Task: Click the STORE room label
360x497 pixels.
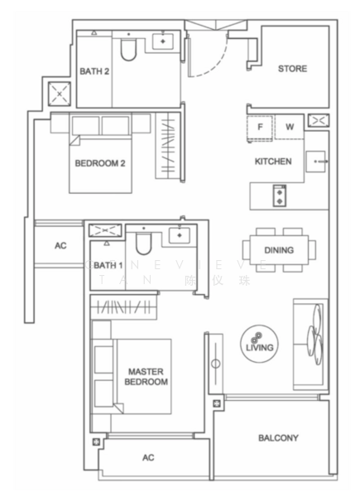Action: [x=292, y=69]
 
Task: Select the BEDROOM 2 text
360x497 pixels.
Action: [x=99, y=163]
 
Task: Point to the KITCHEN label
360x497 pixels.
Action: [x=273, y=162]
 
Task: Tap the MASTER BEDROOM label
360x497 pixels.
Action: [x=148, y=377]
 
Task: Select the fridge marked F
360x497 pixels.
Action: [x=261, y=128]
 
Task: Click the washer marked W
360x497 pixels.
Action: [x=290, y=128]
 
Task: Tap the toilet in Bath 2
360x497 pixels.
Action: [x=128, y=51]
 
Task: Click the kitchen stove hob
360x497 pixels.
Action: [x=279, y=196]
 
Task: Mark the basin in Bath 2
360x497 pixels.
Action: [x=165, y=41]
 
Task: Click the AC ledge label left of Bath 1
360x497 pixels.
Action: [x=60, y=246]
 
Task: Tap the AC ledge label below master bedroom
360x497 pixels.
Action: [x=148, y=456]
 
